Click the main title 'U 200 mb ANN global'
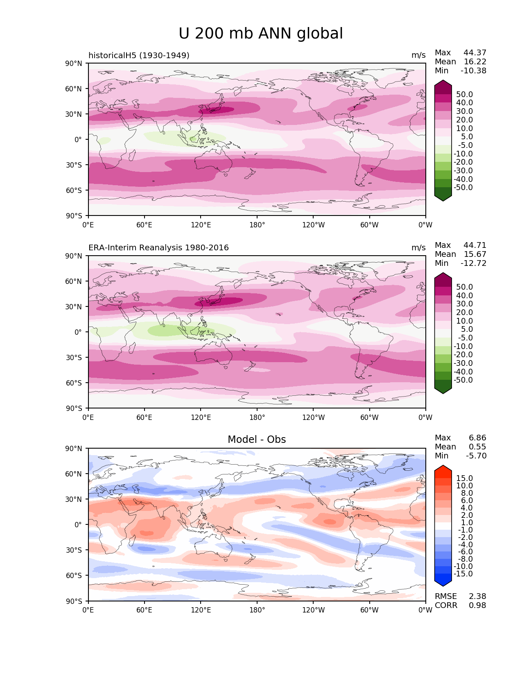point(261,34)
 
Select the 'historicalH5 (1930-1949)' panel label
point(139,55)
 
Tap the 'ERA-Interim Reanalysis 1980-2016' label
point(158,248)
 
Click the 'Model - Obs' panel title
point(257,440)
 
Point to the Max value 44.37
point(475,53)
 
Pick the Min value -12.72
point(474,263)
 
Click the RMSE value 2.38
point(477,597)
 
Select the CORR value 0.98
point(477,606)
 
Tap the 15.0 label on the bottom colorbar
point(465,479)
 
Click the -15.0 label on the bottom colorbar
point(463,574)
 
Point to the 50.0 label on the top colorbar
point(465,95)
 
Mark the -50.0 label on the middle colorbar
point(463,380)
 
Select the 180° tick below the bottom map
point(257,610)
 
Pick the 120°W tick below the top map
point(314,225)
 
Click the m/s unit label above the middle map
point(418,248)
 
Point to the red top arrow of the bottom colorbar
point(443,469)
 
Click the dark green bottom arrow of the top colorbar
point(443,197)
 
